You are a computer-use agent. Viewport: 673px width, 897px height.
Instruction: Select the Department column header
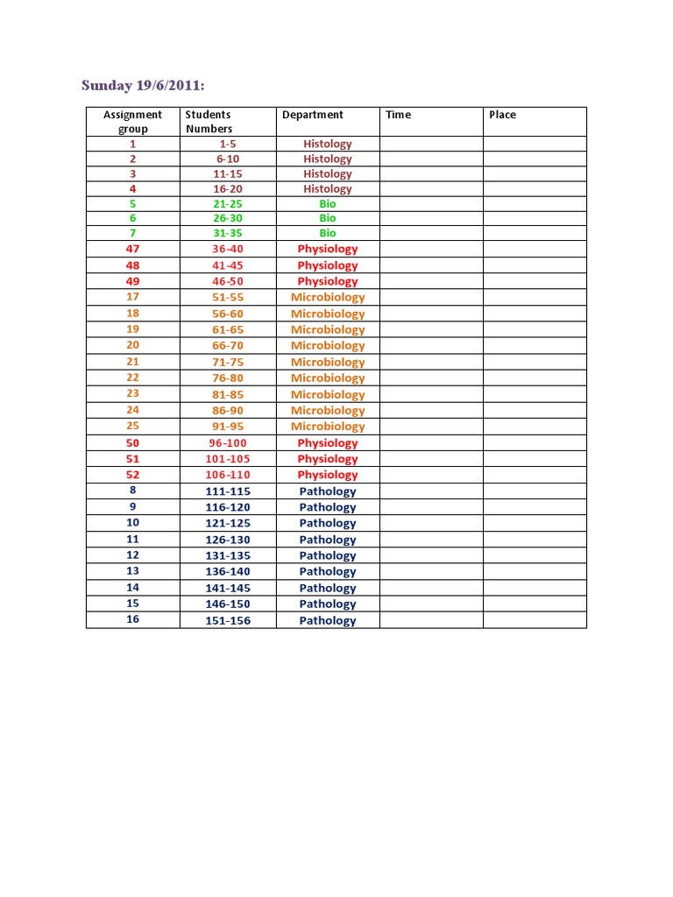tap(313, 115)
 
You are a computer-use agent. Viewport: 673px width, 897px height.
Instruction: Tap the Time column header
tap(398, 115)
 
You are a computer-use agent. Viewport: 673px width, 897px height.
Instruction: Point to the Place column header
tap(502, 115)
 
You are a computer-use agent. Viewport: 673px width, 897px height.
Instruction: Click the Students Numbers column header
tap(209, 122)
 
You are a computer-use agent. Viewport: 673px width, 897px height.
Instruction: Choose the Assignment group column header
tap(132, 122)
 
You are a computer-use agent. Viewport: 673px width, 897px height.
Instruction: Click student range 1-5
tap(228, 144)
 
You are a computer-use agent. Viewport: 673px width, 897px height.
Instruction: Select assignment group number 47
tap(132, 249)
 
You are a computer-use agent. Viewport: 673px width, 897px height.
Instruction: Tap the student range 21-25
tap(228, 204)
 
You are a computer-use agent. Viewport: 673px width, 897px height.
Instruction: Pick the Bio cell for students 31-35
tap(328, 234)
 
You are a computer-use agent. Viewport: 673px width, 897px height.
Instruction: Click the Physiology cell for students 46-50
tap(328, 281)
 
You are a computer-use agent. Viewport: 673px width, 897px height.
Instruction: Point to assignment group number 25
tap(132, 426)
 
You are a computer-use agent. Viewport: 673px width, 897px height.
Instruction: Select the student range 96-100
tap(228, 442)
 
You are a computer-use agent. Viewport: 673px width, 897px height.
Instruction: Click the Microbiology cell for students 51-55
tap(328, 297)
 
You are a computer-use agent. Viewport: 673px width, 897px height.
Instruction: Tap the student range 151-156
tap(228, 620)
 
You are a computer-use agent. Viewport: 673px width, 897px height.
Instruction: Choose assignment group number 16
tap(132, 619)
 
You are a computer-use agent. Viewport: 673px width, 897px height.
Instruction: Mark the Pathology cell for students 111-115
tap(328, 491)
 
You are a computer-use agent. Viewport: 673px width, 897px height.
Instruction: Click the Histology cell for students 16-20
tap(328, 189)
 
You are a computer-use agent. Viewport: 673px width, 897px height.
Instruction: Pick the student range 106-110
tap(228, 475)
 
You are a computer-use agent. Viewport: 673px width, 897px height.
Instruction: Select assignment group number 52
tap(132, 475)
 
